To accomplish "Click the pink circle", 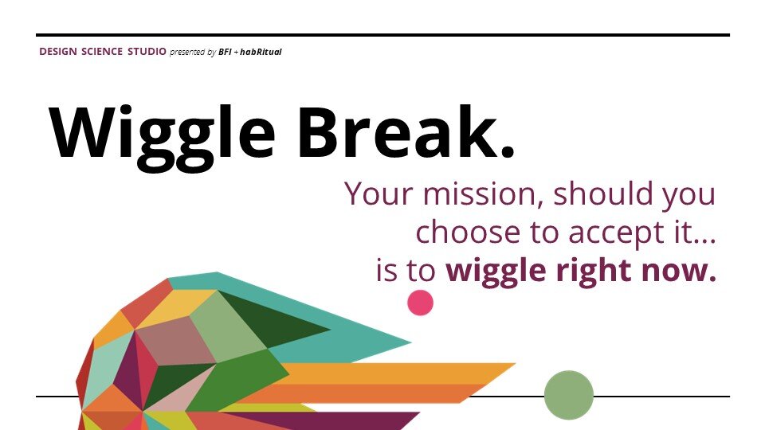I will coord(420,303).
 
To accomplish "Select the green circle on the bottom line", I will coord(569,395).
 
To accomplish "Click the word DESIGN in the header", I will coord(57,52).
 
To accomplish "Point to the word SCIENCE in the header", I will coord(102,52).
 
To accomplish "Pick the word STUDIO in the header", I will coord(147,52).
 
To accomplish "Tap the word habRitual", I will coord(260,53).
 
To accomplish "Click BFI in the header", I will coord(226,53).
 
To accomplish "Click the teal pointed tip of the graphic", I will coord(398,343).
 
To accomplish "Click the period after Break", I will coord(505,150).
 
